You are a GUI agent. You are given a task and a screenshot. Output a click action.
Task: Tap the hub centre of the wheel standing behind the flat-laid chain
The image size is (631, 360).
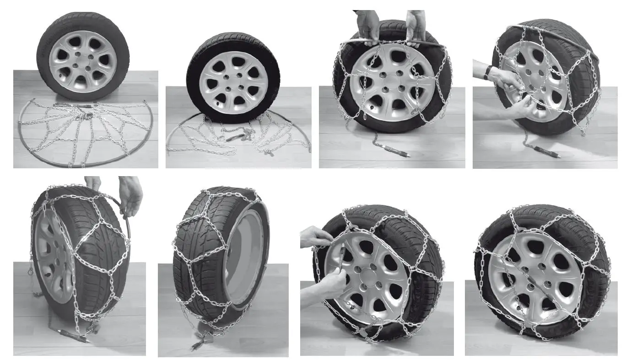[83, 61]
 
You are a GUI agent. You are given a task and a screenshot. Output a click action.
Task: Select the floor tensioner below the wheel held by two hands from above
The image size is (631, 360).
[394, 150]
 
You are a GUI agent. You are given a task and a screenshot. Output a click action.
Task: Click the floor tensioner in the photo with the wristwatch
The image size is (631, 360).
[546, 152]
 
